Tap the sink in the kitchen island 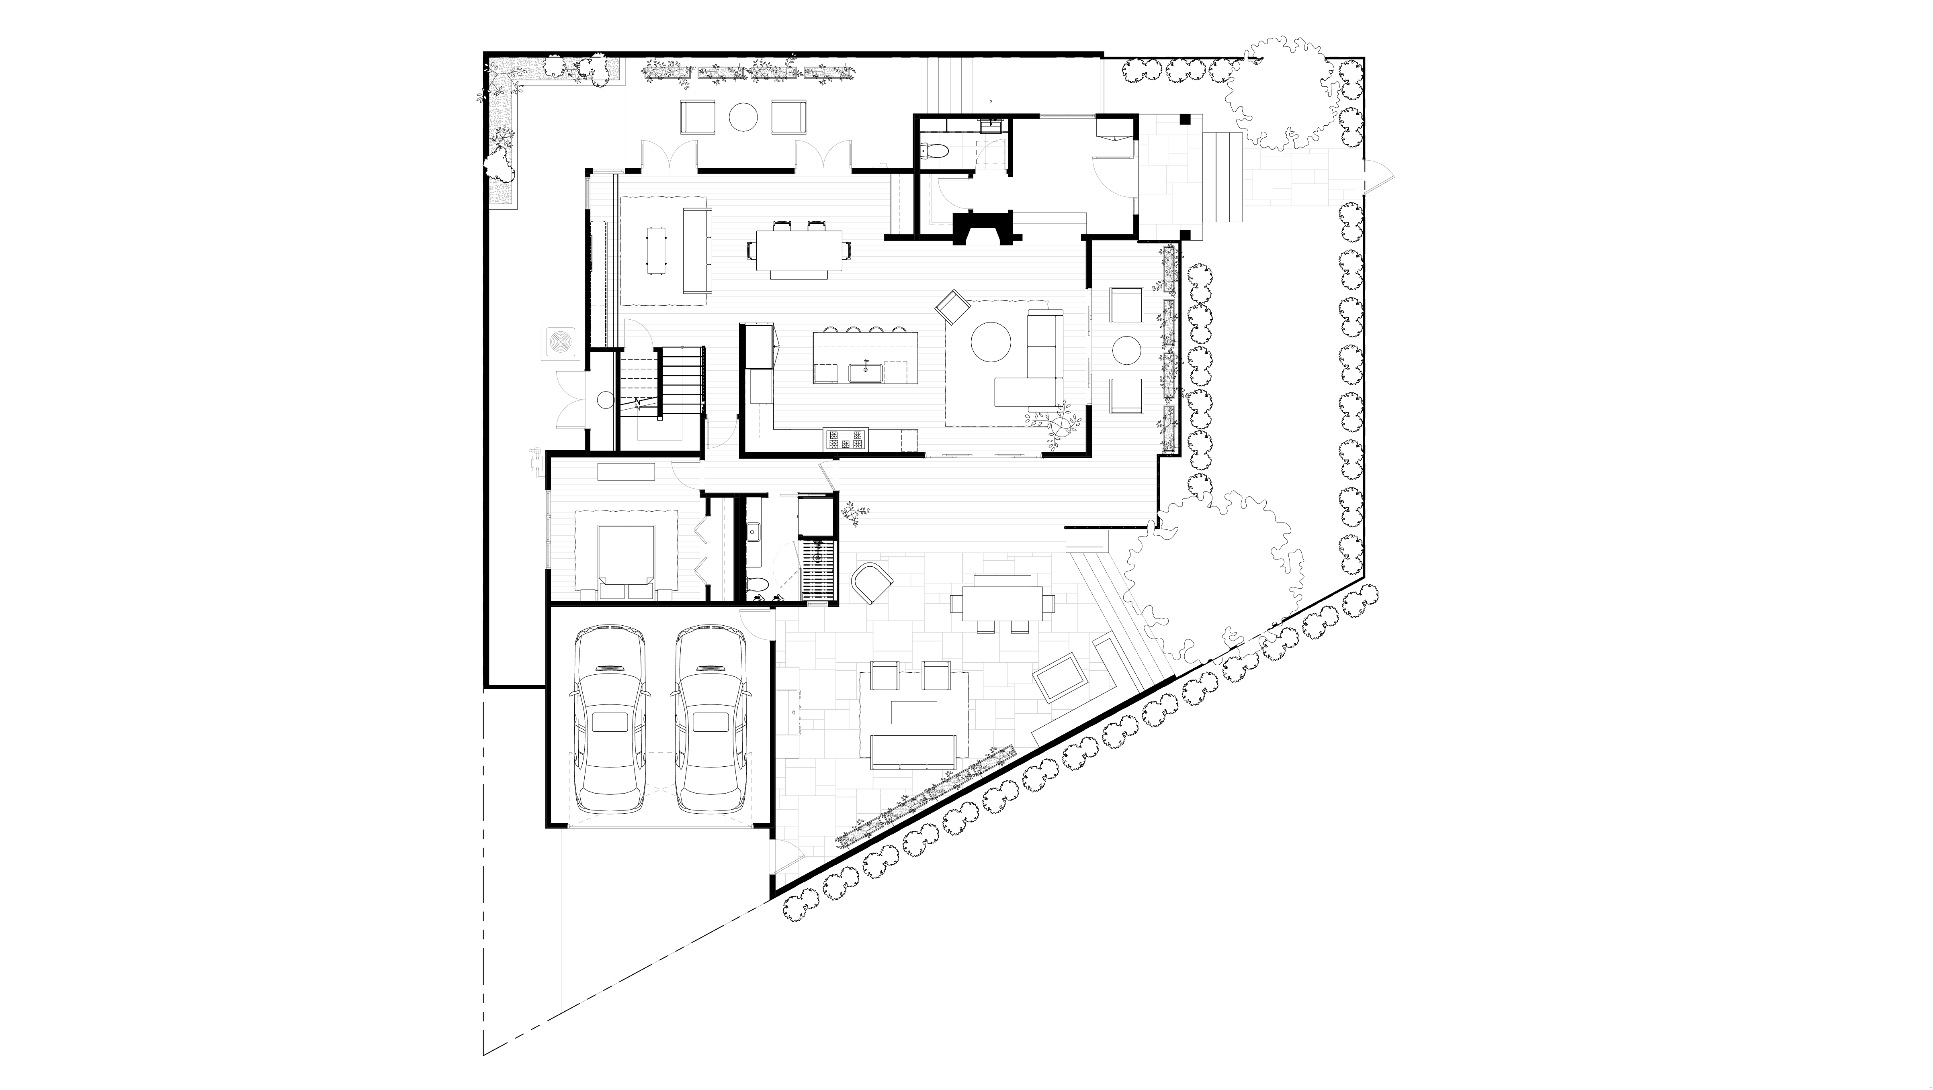(869, 371)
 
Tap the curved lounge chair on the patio (872, 582)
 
